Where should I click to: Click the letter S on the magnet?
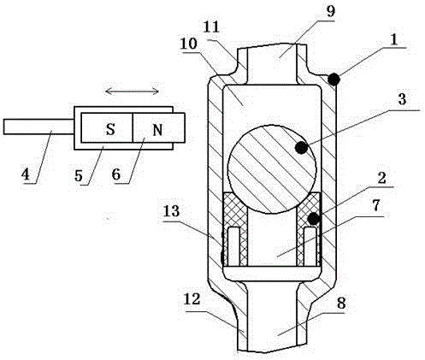coord(110,129)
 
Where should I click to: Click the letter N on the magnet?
coord(157,130)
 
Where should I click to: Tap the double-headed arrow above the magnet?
coord(132,91)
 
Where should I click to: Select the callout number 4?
coord(26,174)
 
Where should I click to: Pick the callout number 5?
coord(79,175)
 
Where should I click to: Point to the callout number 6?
coord(116,174)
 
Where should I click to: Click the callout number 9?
coord(331,11)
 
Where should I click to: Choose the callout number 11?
coord(212,27)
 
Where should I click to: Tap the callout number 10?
coord(188,44)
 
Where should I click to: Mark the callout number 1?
coord(393,40)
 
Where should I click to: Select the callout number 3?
coord(402,100)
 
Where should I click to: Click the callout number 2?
coord(381,178)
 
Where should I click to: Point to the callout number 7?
coord(376,206)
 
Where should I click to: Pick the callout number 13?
coord(171,211)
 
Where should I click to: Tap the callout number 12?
coord(192,299)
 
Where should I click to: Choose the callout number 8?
coord(341,304)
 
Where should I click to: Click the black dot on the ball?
coord(302,147)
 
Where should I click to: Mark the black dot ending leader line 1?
coord(334,79)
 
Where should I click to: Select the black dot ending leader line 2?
coord(314,219)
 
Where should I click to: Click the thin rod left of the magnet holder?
coord(38,127)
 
